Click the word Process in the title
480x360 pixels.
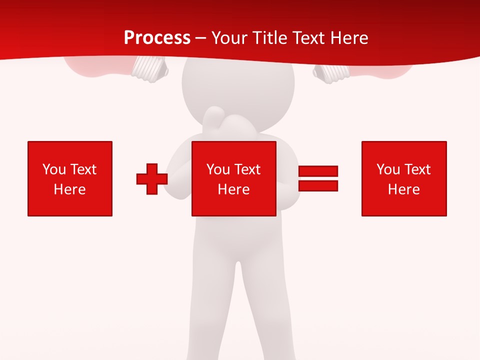[157, 38]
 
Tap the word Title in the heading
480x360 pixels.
[271, 38]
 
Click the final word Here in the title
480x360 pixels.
[349, 38]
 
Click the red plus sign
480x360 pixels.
[152, 178]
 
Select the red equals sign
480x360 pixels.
[318, 178]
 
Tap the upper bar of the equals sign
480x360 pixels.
[318, 171]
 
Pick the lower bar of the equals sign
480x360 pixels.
[318, 185]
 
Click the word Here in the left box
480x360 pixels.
[70, 189]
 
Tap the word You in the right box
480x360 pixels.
[388, 169]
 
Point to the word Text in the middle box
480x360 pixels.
[247, 169]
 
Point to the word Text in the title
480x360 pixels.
[309, 38]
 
